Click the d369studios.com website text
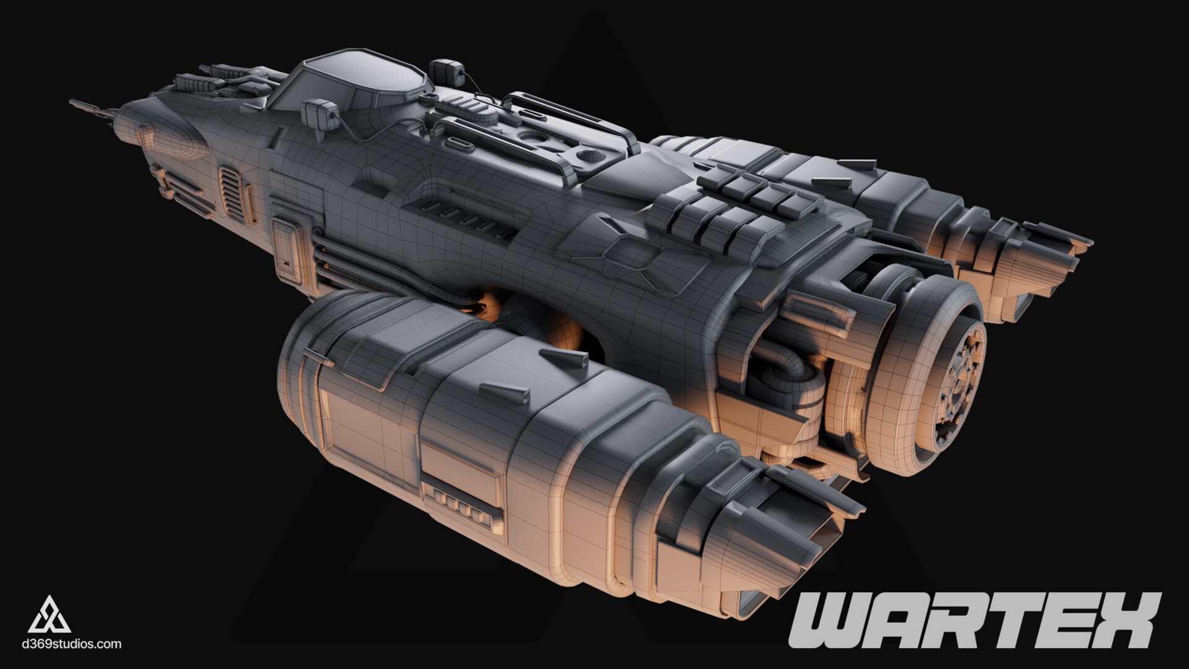(x=71, y=644)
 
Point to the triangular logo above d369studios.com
(x=50, y=614)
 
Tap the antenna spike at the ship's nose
(x=93, y=108)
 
